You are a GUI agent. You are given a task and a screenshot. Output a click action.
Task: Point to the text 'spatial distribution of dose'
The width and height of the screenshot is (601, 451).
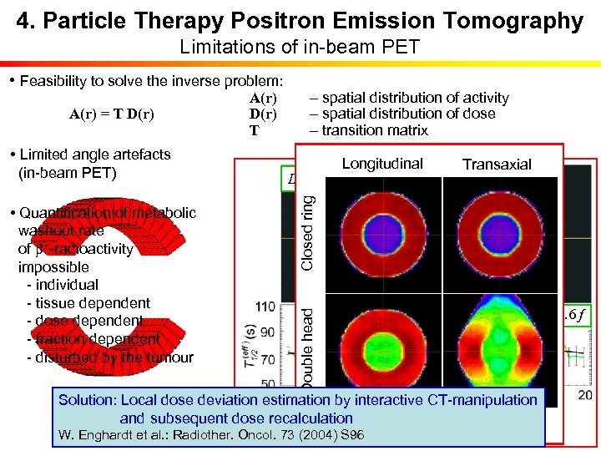tap(402, 114)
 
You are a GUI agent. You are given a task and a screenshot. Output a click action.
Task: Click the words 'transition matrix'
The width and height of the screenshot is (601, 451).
tap(368, 130)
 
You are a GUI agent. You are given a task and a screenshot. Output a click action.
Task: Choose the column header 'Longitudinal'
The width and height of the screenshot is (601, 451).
tap(382, 164)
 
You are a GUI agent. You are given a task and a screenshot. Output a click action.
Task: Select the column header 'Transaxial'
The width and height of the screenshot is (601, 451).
tap(497, 165)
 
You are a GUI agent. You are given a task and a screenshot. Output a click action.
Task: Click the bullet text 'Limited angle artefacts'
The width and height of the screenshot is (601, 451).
tap(94, 155)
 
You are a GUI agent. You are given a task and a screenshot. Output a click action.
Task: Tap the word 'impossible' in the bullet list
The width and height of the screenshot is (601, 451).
tap(53, 267)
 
